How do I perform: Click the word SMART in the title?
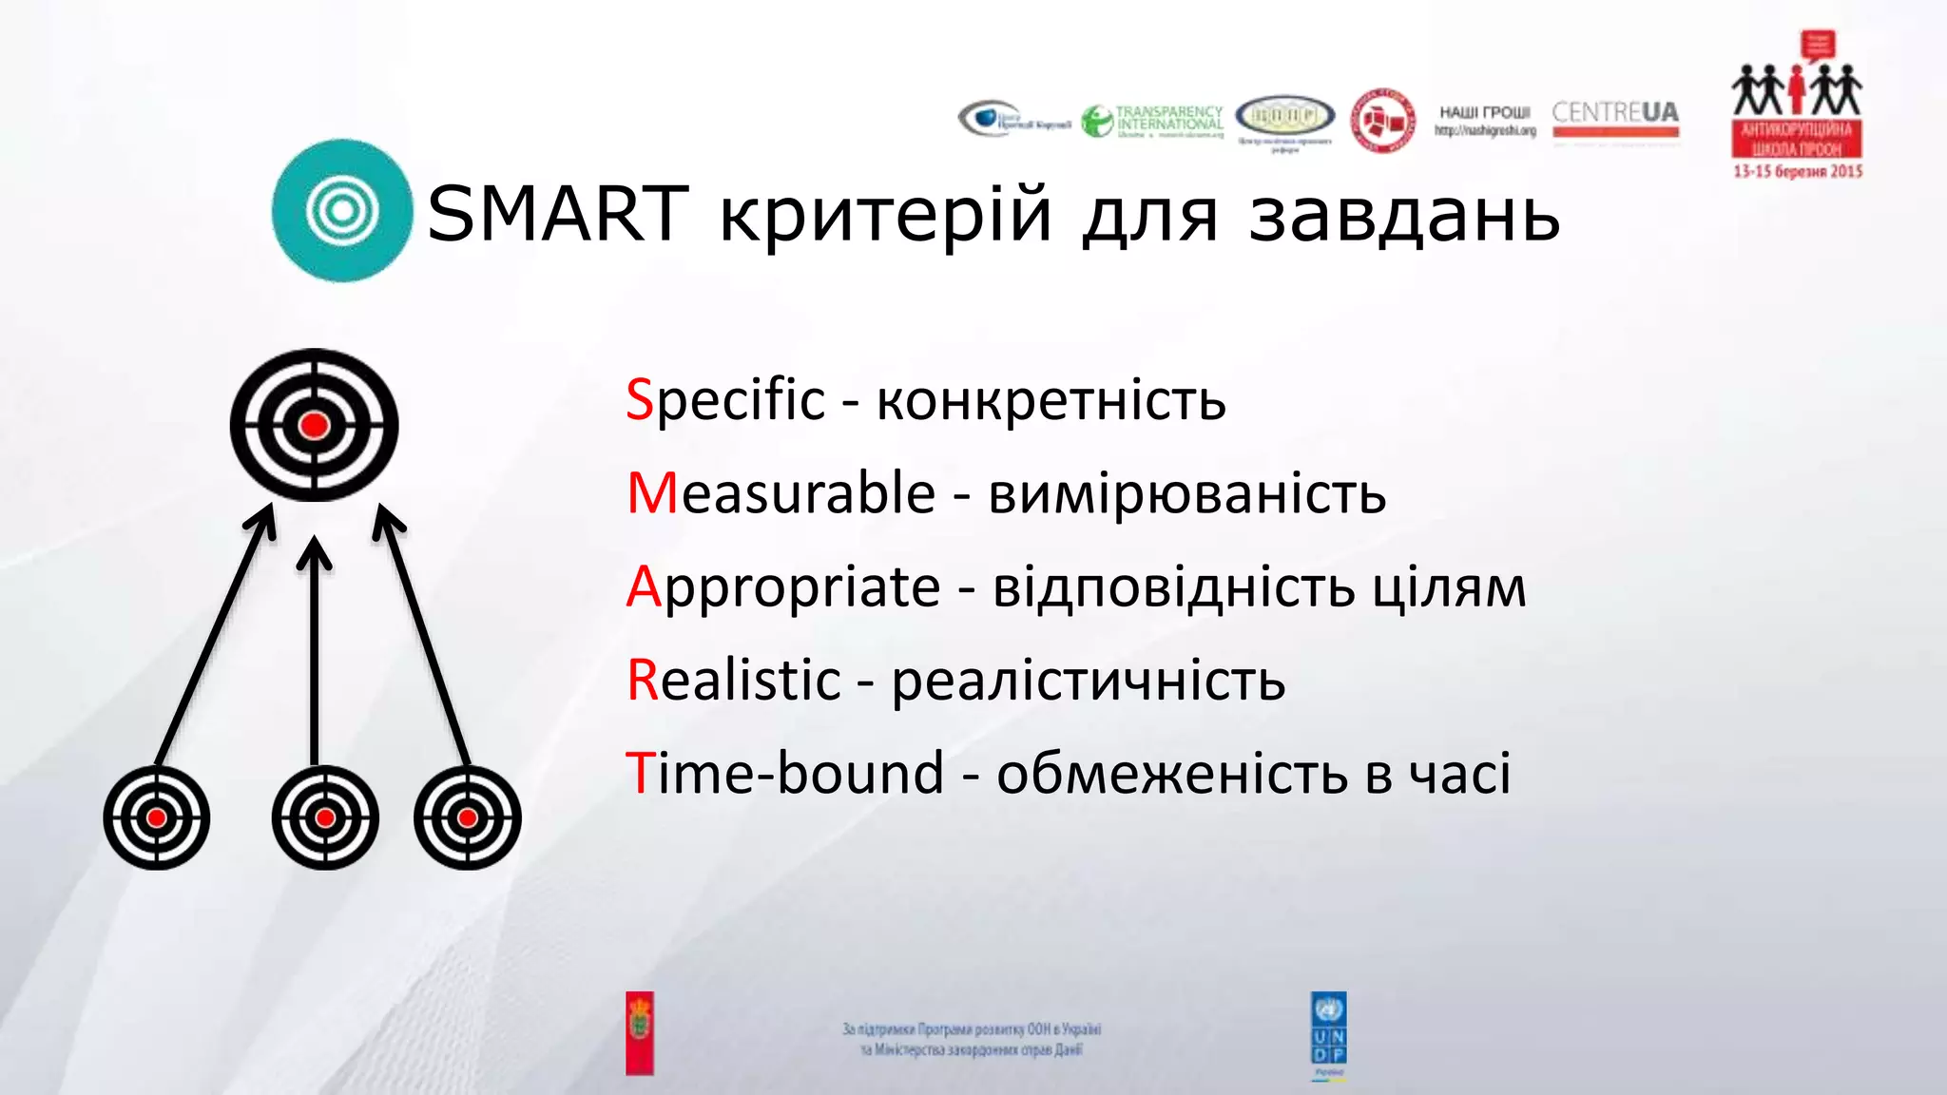(557, 214)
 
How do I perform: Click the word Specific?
(725, 399)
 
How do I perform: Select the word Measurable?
(781, 493)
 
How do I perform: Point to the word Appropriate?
(783, 586)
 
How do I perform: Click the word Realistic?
(734, 681)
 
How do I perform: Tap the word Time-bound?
(784, 773)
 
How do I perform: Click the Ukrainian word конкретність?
(1051, 401)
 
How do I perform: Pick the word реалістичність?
(1088, 682)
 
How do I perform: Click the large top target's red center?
(314, 425)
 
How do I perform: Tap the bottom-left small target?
(157, 817)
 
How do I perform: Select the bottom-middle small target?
(325, 817)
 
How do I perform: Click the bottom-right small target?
(467, 817)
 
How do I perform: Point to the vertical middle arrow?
(314, 656)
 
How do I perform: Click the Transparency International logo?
(1152, 122)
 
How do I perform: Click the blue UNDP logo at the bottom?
(1328, 1033)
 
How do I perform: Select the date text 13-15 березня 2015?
(1797, 172)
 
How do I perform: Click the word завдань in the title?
(1404, 214)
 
